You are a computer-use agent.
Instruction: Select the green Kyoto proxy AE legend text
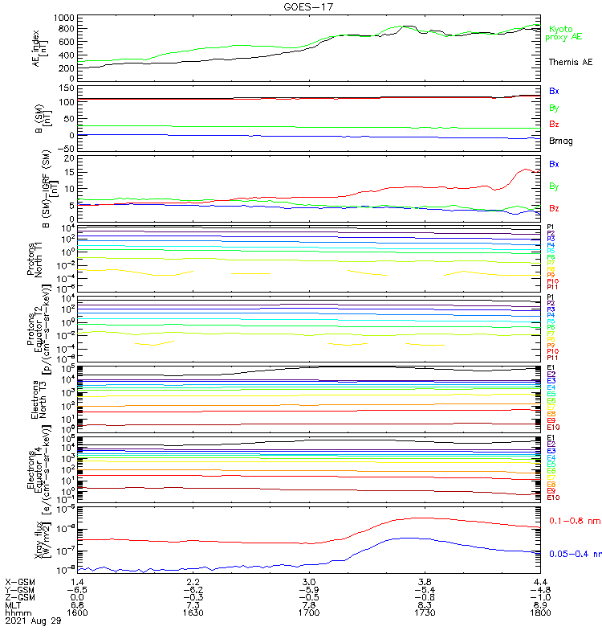coord(565,33)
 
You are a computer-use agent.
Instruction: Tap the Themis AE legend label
coord(570,62)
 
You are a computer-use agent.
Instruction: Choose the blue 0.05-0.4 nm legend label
coord(575,554)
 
